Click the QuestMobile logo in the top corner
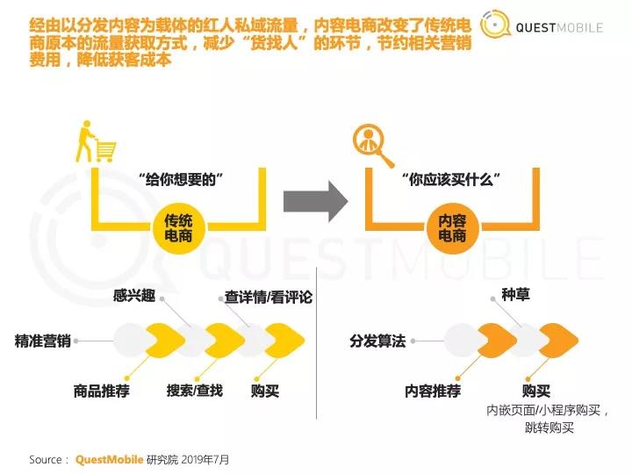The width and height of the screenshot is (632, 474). click(x=542, y=26)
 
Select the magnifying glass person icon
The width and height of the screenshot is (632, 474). click(x=373, y=144)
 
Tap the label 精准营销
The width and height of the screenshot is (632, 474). click(x=43, y=341)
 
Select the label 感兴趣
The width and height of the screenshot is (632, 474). click(x=134, y=296)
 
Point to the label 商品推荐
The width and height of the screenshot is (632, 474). click(x=102, y=391)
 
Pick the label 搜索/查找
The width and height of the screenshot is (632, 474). click(x=195, y=390)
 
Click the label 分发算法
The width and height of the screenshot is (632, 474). click(x=377, y=341)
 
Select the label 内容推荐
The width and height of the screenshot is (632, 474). click(x=432, y=391)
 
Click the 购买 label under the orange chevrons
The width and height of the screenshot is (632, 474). click(x=536, y=391)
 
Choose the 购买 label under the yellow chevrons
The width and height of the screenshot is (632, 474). click(x=265, y=391)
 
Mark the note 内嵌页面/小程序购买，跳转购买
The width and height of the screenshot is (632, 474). click(x=549, y=419)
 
